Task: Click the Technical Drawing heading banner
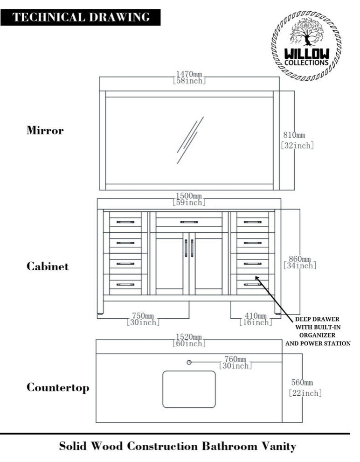coord(81,18)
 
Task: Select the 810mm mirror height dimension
coord(297,140)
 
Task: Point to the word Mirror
coord(45,131)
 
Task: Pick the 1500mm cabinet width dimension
coord(189,199)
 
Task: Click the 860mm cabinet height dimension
coord(300,262)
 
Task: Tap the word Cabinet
coord(48,266)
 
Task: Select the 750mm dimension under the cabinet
coord(143,319)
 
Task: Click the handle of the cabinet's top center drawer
coord(189,222)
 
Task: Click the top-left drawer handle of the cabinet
coord(125,222)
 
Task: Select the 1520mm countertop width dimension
coord(189,340)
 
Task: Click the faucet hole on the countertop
coord(189,363)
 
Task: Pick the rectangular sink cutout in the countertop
coord(189,389)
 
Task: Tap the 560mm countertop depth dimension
coord(305,388)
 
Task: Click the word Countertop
coord(58,388)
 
